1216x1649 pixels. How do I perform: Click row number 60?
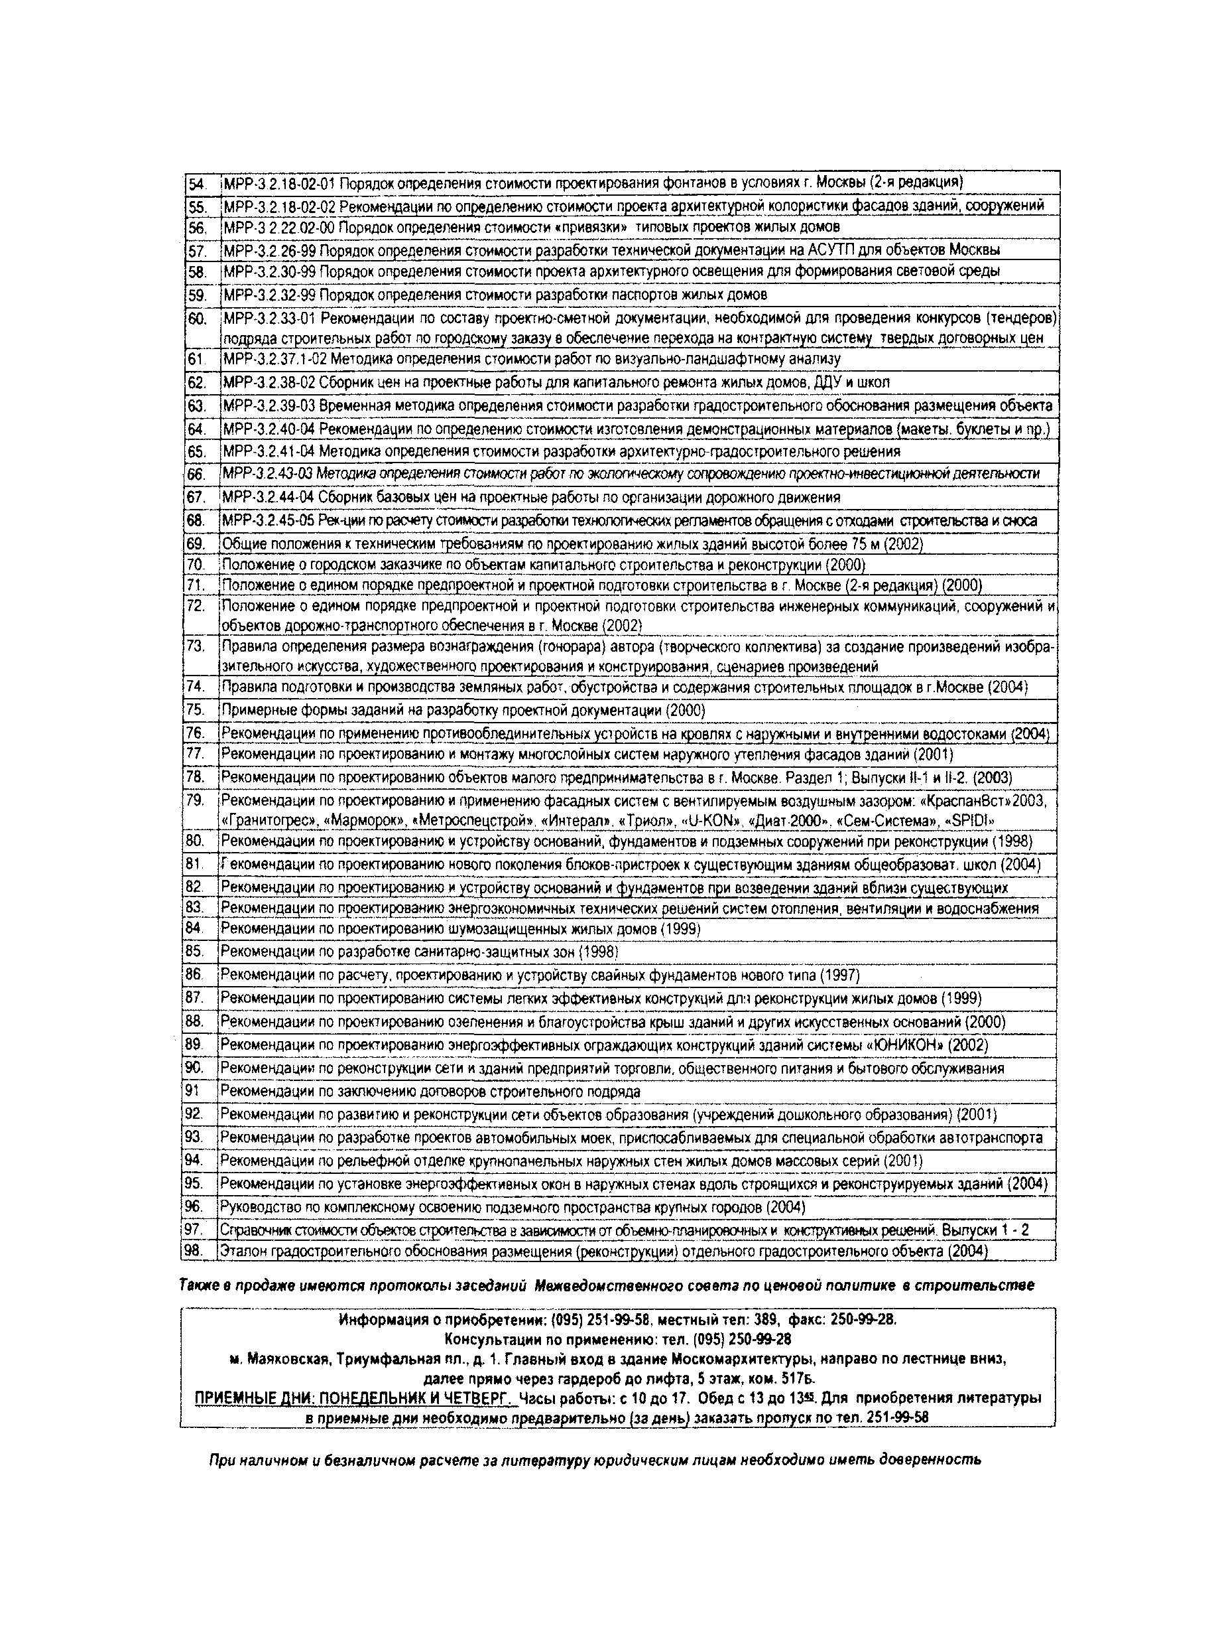tap(196, 319)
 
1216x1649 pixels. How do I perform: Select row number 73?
tap(195, 646)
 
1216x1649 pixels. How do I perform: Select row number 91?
tap(193, 1092)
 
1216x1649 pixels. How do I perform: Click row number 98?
tap(192, 1251)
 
